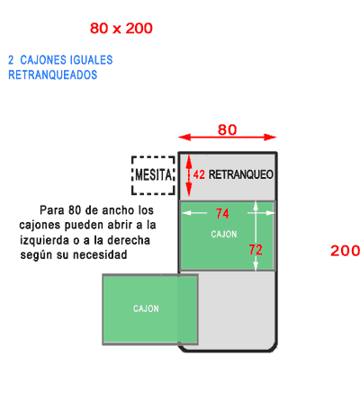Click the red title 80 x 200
[121, 29]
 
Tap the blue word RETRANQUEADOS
[53, 75]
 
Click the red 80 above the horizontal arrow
[227, 129]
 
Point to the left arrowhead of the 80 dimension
[183, 138]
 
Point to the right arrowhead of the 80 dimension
[271, 138]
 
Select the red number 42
[199, 174]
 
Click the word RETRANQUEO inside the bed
[241, 174]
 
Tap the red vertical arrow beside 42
[189, 175]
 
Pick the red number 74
[222, 214]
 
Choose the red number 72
[256, 250]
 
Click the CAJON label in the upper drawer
[224, 234]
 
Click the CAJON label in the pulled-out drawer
[146, 308]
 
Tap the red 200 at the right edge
[345, 251]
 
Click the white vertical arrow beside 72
[256, 236]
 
